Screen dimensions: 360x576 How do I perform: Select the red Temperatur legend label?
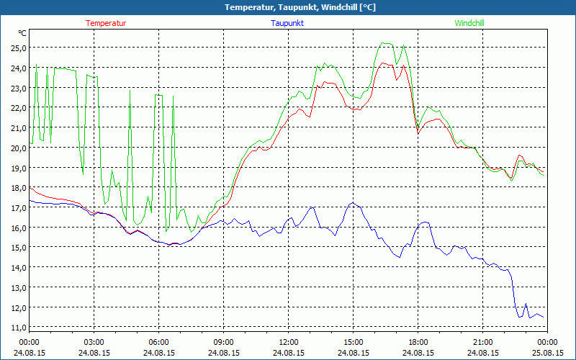(x=106, y=23)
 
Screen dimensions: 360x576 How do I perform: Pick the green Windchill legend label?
(x=469, y=23)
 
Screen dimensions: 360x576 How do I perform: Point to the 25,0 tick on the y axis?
(x=17, y=48)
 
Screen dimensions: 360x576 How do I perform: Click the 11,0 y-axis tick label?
(x=17, y=328)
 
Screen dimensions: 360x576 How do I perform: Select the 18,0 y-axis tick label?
(x=17, y=188)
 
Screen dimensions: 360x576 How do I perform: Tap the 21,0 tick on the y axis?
(x=17, y=128)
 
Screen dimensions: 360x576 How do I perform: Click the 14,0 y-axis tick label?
(x=17, y=268)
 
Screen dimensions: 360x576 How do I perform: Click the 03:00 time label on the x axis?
(x=94, y=342)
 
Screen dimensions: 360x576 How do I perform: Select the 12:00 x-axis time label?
(x=289, y=342)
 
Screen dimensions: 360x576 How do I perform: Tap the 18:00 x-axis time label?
(x=418, y=342)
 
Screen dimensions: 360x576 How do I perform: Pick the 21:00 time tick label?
(x=483, y=342)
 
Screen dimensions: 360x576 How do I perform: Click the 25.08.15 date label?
(x=547, y=353)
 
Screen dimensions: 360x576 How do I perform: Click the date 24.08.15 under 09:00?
(x=224, y=353)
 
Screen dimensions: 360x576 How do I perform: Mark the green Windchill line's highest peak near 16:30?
(x=387, y=43)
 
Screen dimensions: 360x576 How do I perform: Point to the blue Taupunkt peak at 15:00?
(x=352, y=203)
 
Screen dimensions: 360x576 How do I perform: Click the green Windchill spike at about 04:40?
(x=130, y=90)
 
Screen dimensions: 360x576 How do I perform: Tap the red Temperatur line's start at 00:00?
(x=30, y=187)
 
